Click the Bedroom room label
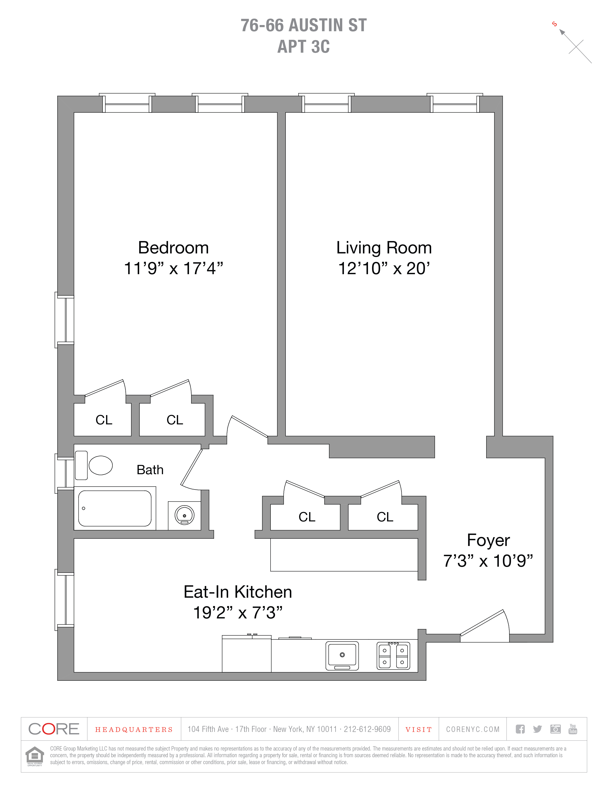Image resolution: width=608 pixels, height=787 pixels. (173, 248)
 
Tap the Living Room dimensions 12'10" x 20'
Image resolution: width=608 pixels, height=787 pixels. (384, 268)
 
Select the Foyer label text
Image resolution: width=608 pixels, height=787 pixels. (488, 540)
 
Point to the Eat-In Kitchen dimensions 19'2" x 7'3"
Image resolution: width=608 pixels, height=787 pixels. (238, 612)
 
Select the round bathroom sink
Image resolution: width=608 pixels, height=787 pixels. (184, 515)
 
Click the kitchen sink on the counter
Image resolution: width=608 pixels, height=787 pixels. (342, 655)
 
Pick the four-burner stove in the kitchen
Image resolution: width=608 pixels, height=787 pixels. (393, 656)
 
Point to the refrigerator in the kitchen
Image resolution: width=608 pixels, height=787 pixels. (247, 653)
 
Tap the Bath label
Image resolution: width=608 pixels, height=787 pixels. (150, 470)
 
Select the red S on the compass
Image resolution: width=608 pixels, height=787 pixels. (554, 24)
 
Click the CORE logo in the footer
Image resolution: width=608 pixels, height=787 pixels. (54, 729)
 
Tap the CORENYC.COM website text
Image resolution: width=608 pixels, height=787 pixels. (473, 729)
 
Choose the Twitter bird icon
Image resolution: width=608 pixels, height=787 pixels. (537, 729)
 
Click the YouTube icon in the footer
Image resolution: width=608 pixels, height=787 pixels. (573, 729)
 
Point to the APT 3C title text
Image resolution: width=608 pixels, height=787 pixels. (304, 46)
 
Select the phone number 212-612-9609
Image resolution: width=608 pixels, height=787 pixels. (367, 729)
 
